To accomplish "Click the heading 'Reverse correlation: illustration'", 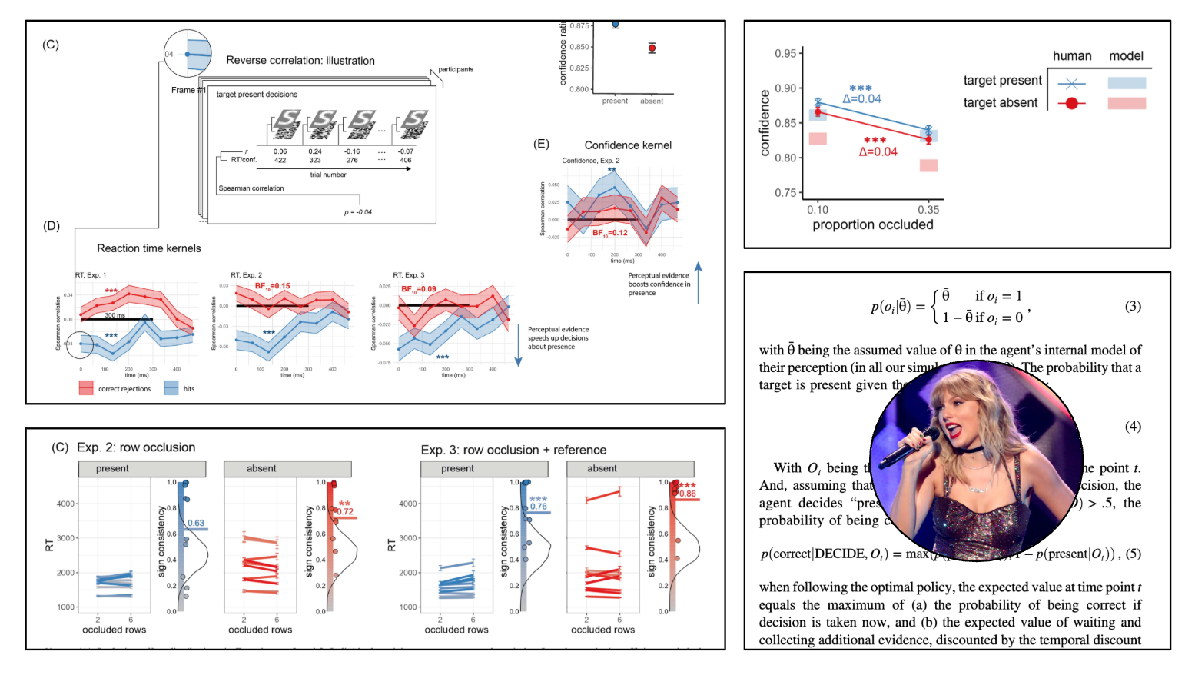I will click(300, 61).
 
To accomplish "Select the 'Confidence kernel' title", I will click(628, 145).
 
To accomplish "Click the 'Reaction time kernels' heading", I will click(149, 248).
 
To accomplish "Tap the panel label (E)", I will click(542, 144).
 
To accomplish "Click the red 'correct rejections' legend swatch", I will click(86, 388).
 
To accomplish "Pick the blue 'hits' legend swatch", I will click(171, 388).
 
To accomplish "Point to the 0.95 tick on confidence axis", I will click(785, 53).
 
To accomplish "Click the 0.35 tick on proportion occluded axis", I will click(928, 209).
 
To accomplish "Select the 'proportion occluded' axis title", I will click(873, 224).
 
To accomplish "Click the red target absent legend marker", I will click(1071, 103).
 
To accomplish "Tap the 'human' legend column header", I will click(1072, 56).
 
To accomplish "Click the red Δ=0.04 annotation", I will click(878, 151).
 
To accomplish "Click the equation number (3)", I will click(1133, 306).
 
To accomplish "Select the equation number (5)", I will click(1133, 554).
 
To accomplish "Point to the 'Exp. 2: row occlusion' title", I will click(136, 447).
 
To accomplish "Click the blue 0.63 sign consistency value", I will click(196, 523).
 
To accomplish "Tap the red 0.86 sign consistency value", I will click(688, 494).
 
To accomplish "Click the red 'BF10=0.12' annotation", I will click(610, 233).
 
